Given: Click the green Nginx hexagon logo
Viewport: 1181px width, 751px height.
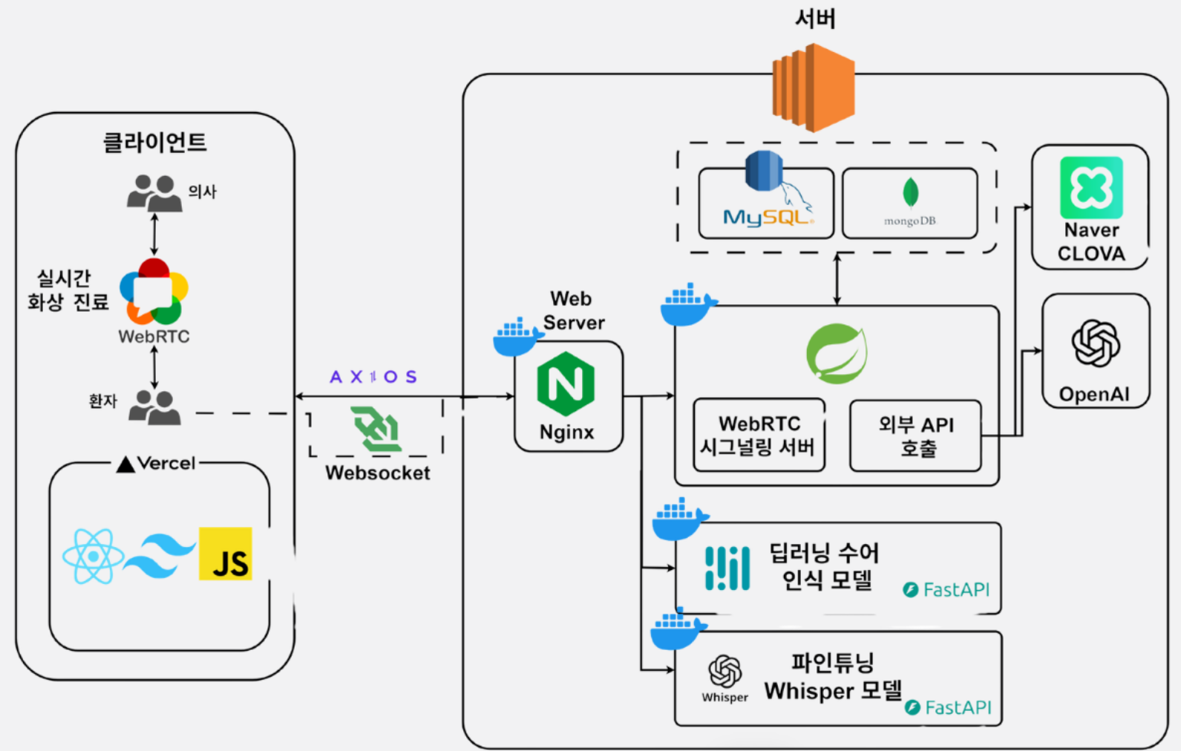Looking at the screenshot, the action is coord(566,383).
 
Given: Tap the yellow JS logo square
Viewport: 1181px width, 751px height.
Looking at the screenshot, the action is coord(226,554).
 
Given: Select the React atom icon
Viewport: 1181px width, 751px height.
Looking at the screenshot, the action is coord(94,556).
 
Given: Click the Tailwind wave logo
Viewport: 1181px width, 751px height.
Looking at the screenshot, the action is coord(159,556).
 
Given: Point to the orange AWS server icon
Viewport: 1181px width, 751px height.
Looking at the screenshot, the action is coord(813,88).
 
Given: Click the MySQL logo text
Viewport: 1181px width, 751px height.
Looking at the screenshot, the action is coord(767,217).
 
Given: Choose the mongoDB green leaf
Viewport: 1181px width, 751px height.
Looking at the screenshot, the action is coord(911,192).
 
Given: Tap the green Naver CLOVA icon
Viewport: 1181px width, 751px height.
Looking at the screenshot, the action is coord(1091,187).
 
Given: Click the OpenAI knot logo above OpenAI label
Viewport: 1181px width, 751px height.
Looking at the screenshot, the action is coord(1096,343).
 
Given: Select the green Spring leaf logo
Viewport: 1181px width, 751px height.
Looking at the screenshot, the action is coord(837,353).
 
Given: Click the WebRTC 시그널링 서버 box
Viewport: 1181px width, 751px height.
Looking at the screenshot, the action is coord(759,435).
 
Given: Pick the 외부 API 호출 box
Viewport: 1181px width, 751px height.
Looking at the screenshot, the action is coord(916,436).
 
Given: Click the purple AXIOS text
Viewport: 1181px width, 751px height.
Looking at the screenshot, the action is coord(373,376).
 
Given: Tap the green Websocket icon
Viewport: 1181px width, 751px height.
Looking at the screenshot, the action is coord(376,429).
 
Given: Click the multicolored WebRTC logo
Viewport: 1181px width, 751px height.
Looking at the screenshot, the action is coord(154,292).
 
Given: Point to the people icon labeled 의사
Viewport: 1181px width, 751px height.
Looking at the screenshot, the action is coord(154,194).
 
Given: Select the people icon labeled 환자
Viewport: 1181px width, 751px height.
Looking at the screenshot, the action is coord(155,407).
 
